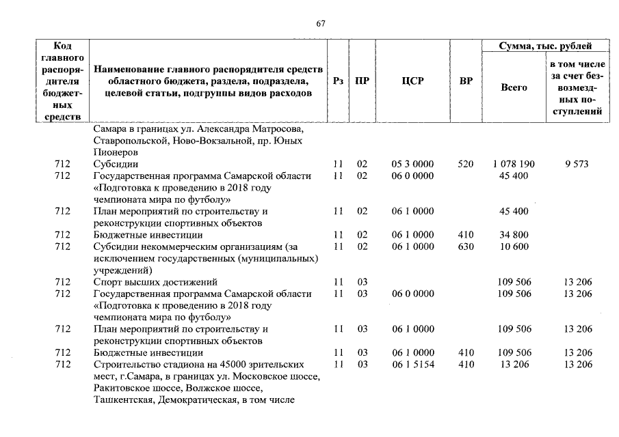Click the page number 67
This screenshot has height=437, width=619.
pyautogui.click(x=321, y=24)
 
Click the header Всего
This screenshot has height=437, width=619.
pyautogui.click(x=514, y=87)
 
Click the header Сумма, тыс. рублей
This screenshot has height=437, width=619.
pyautogui.click(x=546, y=46)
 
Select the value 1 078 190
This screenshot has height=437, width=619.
pyautogui.click(x=514, y=165)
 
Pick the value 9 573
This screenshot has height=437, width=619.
pyautogui.click(x=577, y=165)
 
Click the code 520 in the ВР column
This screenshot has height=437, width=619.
pyautogui.click(x=465, y=165)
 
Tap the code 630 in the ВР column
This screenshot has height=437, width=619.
pyautogui.click(x=465, y=246)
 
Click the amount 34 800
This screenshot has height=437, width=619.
pyautogui.click(x=514, y=235)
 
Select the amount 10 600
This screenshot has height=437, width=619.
pyautogui.click(x=514, y=246)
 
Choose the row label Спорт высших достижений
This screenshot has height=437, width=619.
pyautogui.click(x=155, y=282)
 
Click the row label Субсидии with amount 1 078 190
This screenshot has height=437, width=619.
pyautogui.click(x=116, y=165)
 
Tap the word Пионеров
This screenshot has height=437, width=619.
pyautogui.click(x=116, y=152)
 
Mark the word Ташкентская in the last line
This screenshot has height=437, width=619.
pyautogui.click(x=122, y=399)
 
